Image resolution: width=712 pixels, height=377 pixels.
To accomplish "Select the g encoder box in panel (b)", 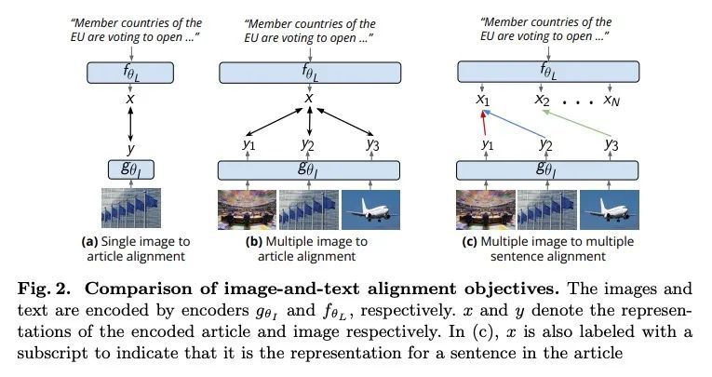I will pyautogui.click(x=309, y=169).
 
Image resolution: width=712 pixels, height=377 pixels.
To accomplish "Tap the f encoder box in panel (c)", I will pyautogui.click(x=548, y=72).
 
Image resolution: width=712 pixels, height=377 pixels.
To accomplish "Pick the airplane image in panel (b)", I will pyautogui.click(x=371, y=209).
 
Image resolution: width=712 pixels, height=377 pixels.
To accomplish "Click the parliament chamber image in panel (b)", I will pyautogui.click(x=247, y=209).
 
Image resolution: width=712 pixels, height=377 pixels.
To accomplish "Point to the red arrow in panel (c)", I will pyautogui.click(x=483, y=122).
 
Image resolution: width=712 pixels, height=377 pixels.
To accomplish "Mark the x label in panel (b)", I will pyautogui.click(x=309, y=97).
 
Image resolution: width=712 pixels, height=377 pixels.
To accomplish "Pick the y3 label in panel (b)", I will pyautogui.click(x=370, y=145).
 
